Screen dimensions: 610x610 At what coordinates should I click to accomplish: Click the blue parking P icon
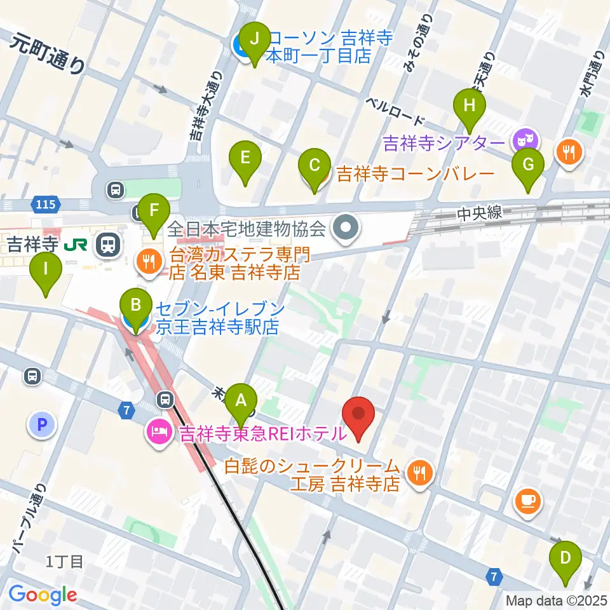(42, 424)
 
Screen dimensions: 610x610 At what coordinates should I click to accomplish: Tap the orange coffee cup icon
(528, 499)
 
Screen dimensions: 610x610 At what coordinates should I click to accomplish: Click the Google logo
(43, 595)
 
